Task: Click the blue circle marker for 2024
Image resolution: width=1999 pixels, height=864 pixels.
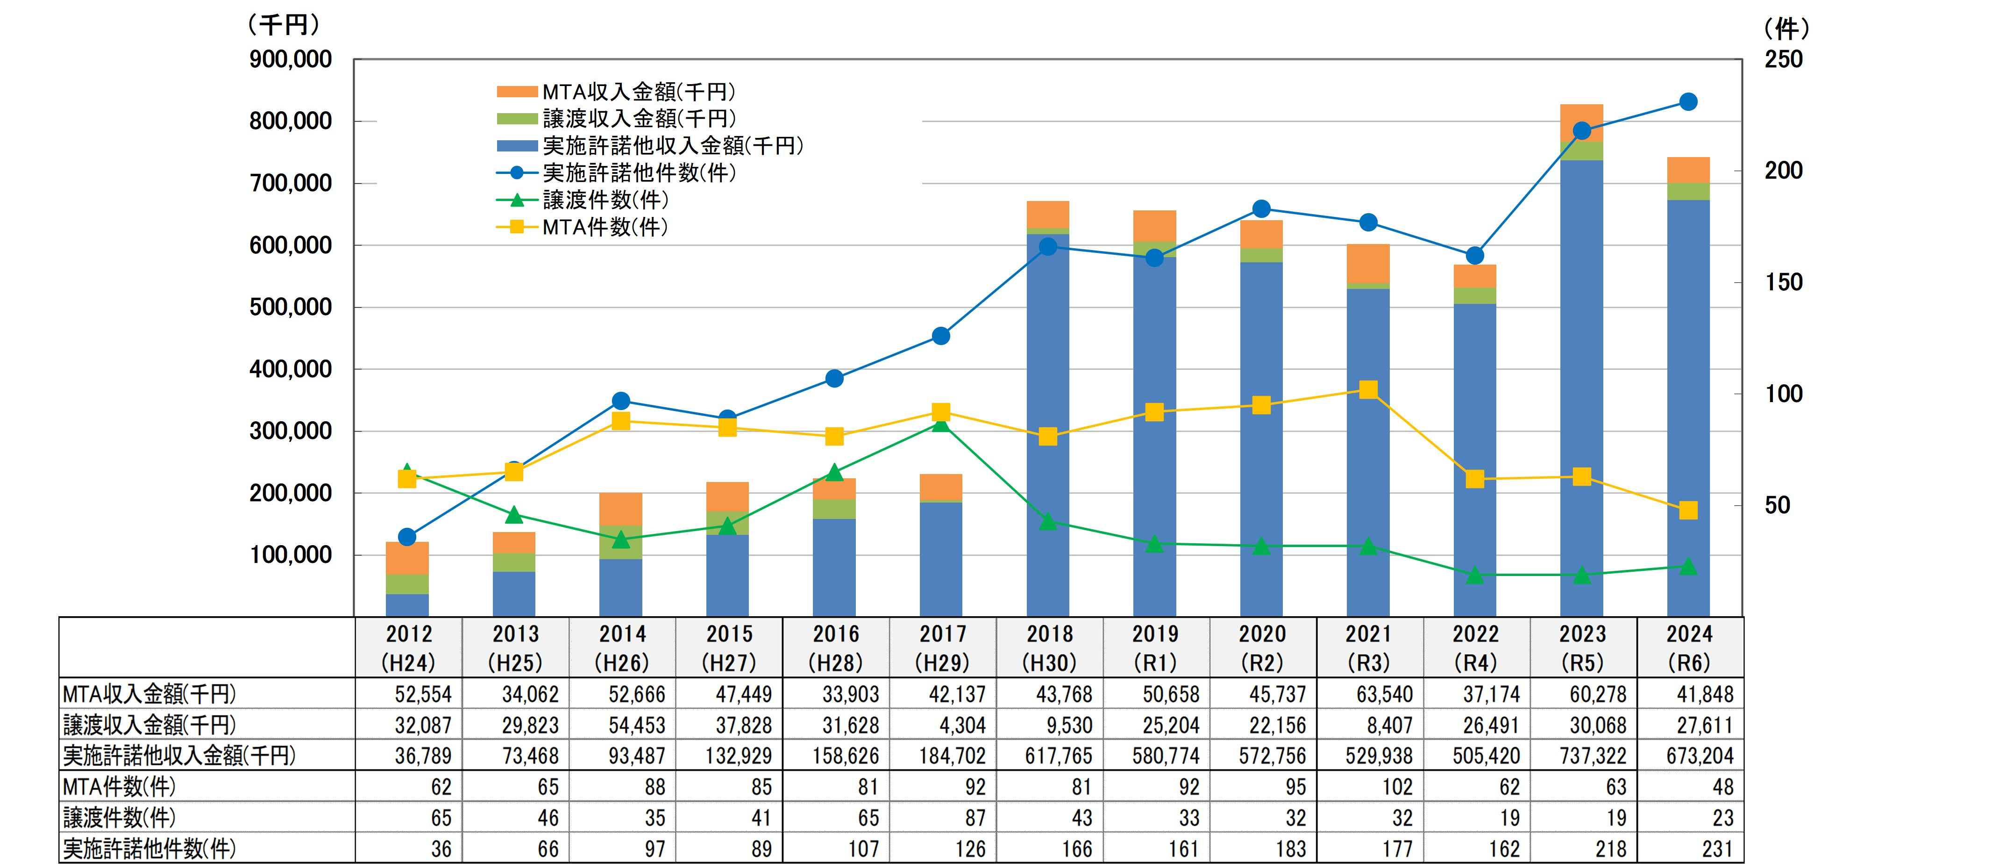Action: point(1688,102)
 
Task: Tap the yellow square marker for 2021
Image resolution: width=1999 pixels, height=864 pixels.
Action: point(1368,390)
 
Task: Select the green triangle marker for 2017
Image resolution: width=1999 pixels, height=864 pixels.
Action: point(940,424)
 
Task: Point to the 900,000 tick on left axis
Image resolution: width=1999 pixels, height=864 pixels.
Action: point(290,60)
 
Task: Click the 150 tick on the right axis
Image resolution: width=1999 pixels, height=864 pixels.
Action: point(1783,282)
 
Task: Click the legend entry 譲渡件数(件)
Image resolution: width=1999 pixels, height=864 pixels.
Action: point(605,200)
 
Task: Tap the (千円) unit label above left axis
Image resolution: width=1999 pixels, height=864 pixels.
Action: point(283,25)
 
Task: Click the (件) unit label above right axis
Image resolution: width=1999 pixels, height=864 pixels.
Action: point(1786,29)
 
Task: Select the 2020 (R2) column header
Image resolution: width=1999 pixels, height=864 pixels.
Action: point(1262,648)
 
